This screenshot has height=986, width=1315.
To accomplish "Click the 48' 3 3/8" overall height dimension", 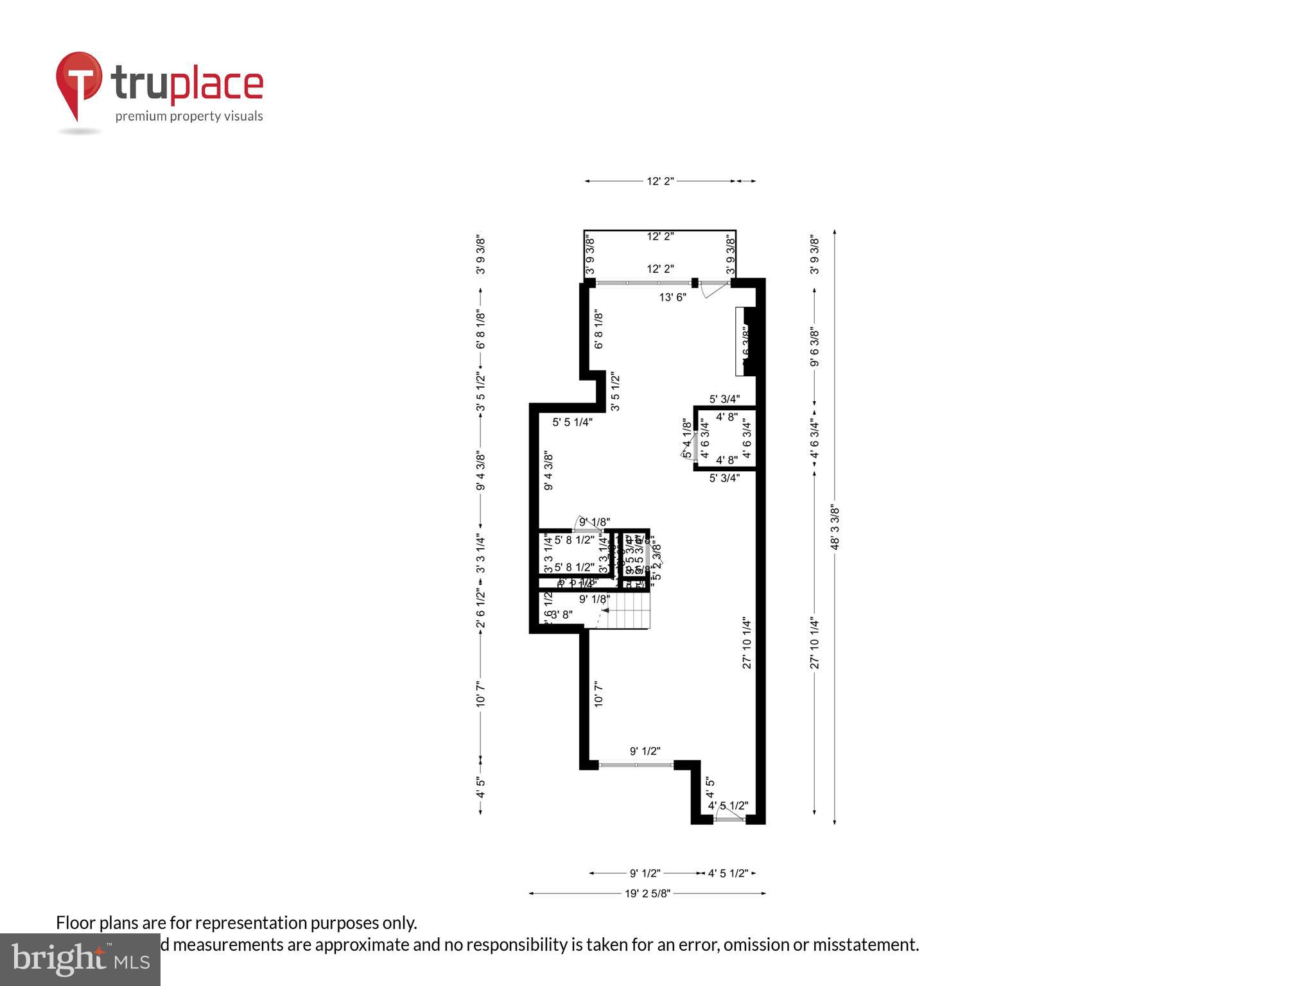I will pyautogui.click(x=835, y=526).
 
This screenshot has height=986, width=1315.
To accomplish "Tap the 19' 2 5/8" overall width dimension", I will pyautogui.click(x=647, y=893).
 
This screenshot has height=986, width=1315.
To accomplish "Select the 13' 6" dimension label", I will pyautogui.click(x=672, y=297).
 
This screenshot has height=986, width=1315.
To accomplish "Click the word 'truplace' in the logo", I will pyautogui.click(x=187, y=84).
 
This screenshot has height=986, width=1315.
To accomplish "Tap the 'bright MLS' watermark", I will pyautogui.click(x=80, y=960).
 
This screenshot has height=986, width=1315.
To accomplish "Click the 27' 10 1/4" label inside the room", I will pyautogui.click(x=747, y=643).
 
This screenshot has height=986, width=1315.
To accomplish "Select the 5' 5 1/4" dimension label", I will pyautogui.click(x=572, y=422).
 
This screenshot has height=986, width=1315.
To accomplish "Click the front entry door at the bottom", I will pyautogui.click(x=729, y=819).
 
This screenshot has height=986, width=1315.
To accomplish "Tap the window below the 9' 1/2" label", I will pyautogui.click(x=636, y=765).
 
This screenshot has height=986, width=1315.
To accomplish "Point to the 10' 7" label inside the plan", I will pyautogui.click(x=598, y=695).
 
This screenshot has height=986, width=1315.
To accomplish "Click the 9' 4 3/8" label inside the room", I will pyautogui.click(x=548, y=471).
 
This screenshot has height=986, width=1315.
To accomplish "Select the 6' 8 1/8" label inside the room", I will pyautogui.click(x=598, y=330).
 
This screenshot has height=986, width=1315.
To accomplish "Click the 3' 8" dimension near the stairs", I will pyautogui.click(x=562, y=614).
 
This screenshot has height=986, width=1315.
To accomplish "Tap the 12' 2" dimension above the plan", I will pyautogui.click(x=659, y=182).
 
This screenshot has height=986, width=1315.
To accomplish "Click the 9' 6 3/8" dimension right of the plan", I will pyautogui.click(x=815, y=347).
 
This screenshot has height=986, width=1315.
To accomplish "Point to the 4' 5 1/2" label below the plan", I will pyautogui.click(x=727, y=873).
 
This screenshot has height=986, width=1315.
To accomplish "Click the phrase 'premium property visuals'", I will pyautogui.click(x=189, y=116).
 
